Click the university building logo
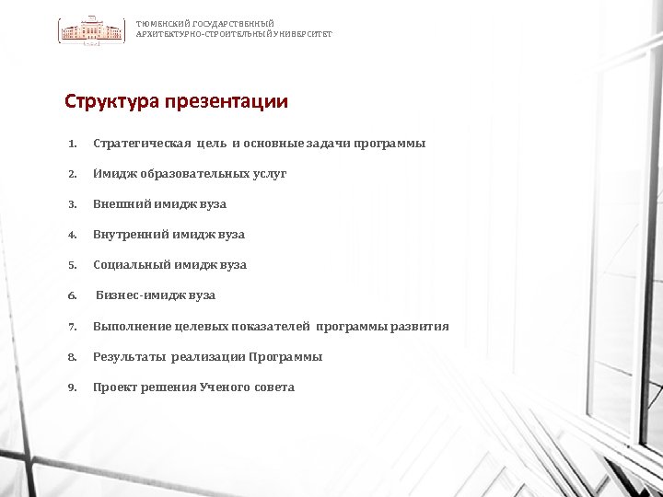92,30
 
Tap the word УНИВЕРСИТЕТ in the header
303,34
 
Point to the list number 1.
71,144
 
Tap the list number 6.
71,295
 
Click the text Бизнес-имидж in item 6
140,295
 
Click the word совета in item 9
274,387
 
